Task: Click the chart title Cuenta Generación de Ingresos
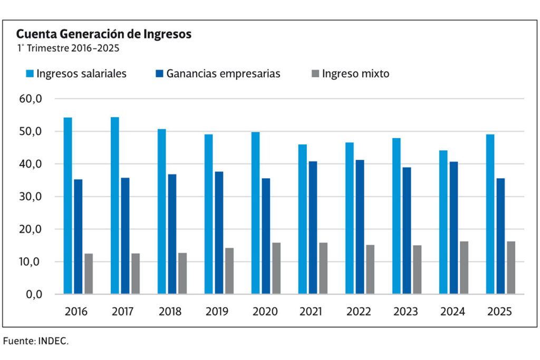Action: point(103,34)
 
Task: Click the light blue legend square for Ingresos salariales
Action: point(30,74)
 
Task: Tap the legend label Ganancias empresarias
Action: point(223,74)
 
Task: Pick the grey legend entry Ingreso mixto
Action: point(355,74)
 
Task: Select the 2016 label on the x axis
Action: point(76,312)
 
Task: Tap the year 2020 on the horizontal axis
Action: point(264,312)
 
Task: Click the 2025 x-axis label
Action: point(499,312)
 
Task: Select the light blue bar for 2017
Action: point(115,206)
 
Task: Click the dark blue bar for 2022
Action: point(360,227)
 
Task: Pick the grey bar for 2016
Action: point(89,274)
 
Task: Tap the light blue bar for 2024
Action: point(443,222)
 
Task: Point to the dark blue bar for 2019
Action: point(219,232)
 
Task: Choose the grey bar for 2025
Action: point(511,268)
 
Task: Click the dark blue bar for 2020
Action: point(266,236)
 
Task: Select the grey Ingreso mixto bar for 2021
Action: point(323,268)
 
